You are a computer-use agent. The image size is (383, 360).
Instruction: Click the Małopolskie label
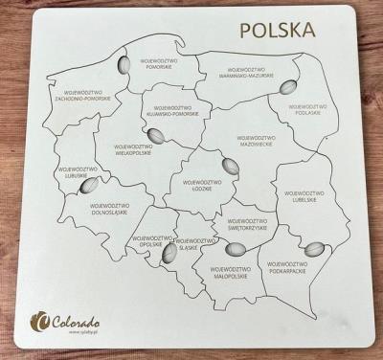pyautogui.click(x=231, y=273)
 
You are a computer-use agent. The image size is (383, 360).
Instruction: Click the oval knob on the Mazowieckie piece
pyautogui.click(x=229, y=164)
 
